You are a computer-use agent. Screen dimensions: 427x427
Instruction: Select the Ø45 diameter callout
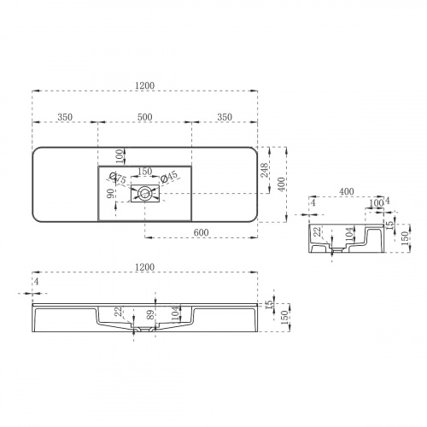(x=170, y=178)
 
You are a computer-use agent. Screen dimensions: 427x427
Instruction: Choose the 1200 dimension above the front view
(x=145, y=267)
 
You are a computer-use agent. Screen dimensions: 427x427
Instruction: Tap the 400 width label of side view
(x=347, y=192)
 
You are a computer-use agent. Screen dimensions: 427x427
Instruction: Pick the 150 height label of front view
(x=284, y=318)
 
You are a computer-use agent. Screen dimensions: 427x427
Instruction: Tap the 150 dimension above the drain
(x=145, y=170)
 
